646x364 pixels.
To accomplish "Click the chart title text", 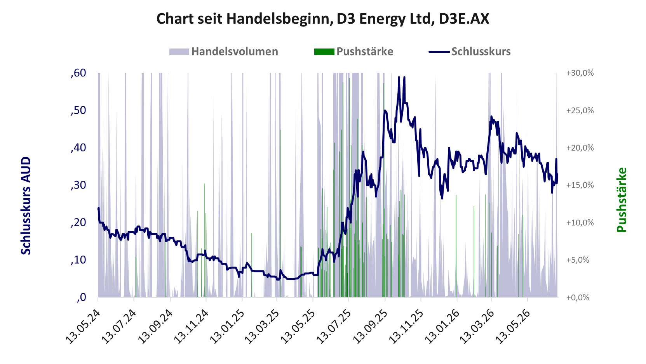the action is coord(323,19).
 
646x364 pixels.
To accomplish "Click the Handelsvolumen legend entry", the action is coord(223,52).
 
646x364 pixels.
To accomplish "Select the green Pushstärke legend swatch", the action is coord(324,52).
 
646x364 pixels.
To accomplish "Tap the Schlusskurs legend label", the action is coord(481,52).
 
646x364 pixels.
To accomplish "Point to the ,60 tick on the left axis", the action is coord(78,73).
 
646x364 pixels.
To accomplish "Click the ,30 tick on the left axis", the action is coord(78,185).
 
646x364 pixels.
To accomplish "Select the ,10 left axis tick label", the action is coord(78,260).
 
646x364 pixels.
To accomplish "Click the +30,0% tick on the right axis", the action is coord(580,73).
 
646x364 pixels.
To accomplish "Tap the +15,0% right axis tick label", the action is coord(580,185).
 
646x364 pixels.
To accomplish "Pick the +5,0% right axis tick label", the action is coord(578,260).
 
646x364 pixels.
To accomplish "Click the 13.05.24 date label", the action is coord(83,326).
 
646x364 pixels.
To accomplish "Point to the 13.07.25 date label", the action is coord(334,326).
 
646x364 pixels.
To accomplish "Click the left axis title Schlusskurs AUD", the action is coord(26,206).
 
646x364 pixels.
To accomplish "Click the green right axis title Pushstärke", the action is coord(622,200).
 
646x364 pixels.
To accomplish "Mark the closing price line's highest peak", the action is coord(399,77).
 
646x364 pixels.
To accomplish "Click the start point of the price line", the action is coord(98,208).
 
